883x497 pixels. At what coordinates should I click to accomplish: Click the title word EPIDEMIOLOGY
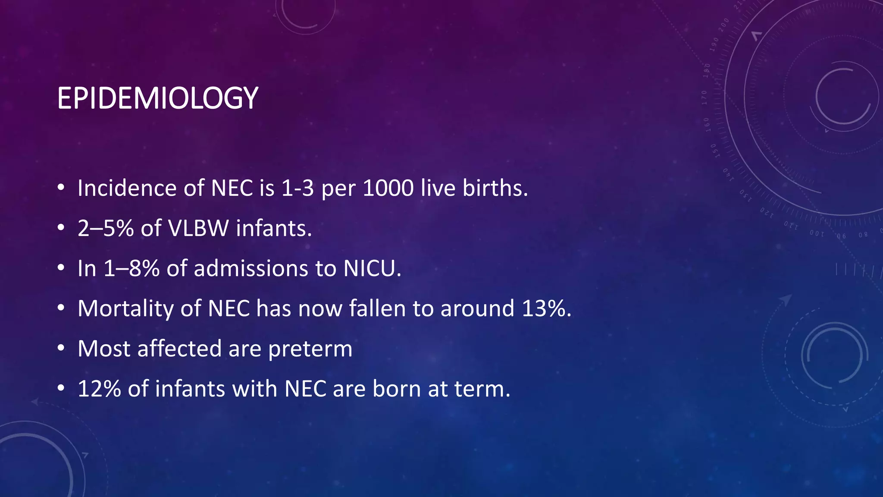tap(157, 98)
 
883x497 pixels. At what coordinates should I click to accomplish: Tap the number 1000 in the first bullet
tap(388, 188)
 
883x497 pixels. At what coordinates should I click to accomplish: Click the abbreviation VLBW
tap(198, 228)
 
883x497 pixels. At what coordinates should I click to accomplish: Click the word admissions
tap(251, 268)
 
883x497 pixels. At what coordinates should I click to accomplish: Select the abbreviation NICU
tap(372, 268)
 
